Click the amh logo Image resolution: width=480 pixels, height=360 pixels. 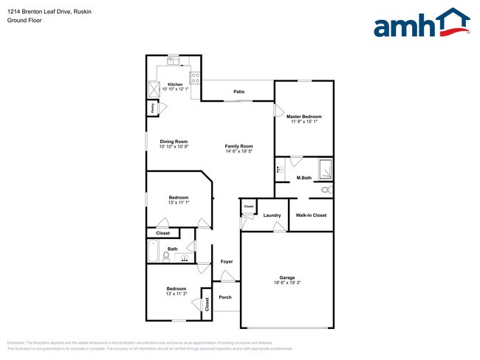pyautogui.click(x=422, y=24)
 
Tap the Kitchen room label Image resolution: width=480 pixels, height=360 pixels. pyautogui.click(x=175, y=84)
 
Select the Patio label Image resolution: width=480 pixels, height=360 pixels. pyautogui.click(x=239, y=92)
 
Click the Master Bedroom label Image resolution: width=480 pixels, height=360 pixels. pyautogui.click(x=304, y=117)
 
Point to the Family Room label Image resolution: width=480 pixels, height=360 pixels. pyautogui.click(x=239, y=146)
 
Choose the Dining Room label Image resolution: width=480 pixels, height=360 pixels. pyautogui.click(x=174, y=142)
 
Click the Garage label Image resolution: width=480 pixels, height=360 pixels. pyautogui.click(x=287, y=277)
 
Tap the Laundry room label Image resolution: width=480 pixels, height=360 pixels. pyautogui.click(x=272, y=215)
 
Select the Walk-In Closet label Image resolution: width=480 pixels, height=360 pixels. pyautogui.click(x=311, y=215)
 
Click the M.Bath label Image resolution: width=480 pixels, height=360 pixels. pyautogui.click(x=303, y=179)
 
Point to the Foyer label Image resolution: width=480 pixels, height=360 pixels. pyautogui.click(x=227, y=261)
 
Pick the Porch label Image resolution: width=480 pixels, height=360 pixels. pyautogui.click(x=225, y=297)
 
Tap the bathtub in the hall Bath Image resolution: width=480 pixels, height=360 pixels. pyautogui.click(x=154, y=252)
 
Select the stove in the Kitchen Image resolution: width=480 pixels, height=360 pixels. pyautogui.click(x=196, y=75)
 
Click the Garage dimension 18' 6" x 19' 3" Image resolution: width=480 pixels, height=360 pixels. pyautogui.click(x=287, y=283)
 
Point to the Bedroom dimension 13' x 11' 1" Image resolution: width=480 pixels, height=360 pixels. pyautogui.click(x=179, y=202)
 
